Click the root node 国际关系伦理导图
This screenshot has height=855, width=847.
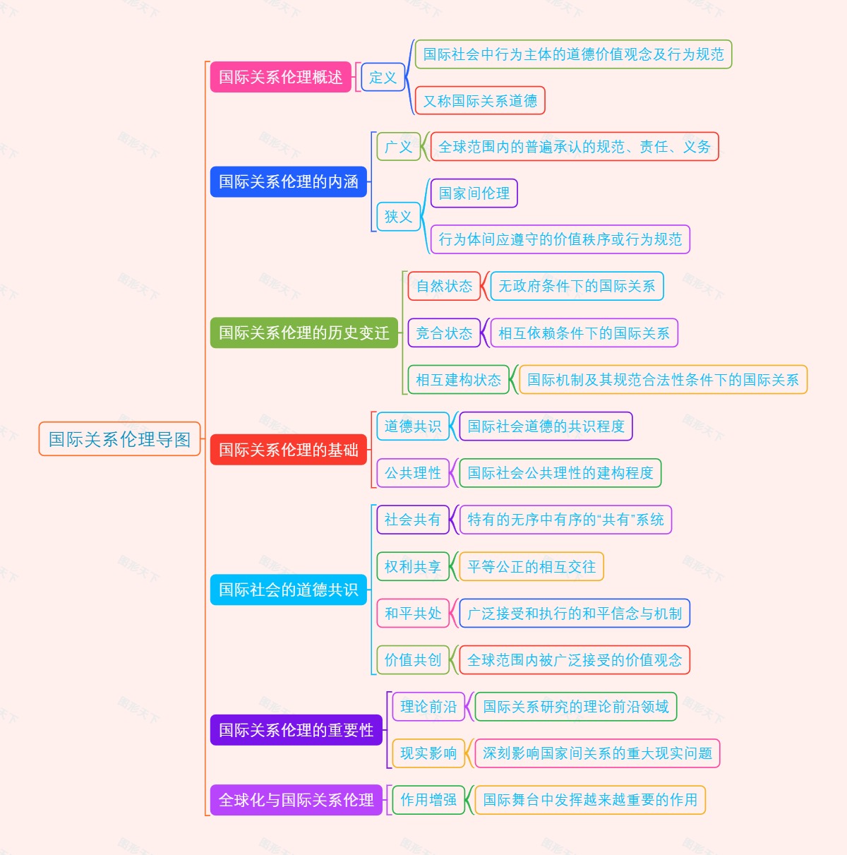point(119,439)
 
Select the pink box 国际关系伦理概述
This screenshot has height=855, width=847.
point(280,77)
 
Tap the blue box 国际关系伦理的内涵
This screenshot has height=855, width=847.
point(288,181)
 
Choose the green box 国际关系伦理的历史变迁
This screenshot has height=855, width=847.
point(304,333)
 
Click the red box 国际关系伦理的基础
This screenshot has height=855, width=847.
point(288,450)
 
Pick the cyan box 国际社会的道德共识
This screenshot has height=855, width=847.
point(288,590)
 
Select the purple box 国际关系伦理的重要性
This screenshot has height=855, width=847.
point(296,730)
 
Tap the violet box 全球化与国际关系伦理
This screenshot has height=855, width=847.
point(296,800)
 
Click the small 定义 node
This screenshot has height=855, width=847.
point(383,77)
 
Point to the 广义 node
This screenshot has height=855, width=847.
point(398,147)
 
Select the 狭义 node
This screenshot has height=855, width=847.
point(398,216)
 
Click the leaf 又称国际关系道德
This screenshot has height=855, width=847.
point(480,100)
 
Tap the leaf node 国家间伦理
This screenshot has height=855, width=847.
point(474,193)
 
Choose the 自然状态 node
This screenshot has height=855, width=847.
point(444,286)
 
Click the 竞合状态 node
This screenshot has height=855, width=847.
point(444,333)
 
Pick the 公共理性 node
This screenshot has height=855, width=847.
point(413,473)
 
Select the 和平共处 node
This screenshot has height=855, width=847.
point(413,614)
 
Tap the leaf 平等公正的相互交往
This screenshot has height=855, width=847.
point(531,566)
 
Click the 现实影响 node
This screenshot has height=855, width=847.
point(428,753)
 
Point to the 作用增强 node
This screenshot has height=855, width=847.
point(428,800)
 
